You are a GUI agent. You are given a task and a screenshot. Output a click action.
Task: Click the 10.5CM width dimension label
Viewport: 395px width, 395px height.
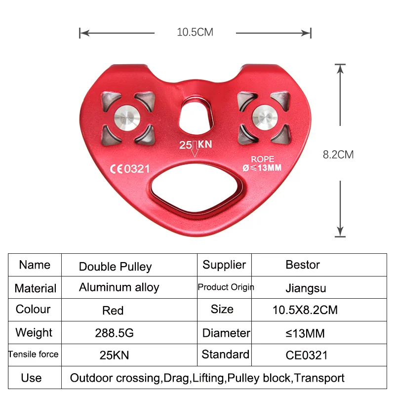tap(195, 33)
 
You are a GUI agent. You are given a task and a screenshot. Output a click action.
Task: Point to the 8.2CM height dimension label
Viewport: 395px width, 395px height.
tap(338, 155)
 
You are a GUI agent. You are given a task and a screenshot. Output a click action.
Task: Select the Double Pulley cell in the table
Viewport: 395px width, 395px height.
tap(115, 267)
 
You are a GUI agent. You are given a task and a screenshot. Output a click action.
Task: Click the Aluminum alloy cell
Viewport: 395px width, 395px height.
tap(119, 288)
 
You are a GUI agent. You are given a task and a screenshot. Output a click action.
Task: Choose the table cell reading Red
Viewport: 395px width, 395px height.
tap(113, 311)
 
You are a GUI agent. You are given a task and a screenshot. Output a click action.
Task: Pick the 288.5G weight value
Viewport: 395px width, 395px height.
tap(114, 333)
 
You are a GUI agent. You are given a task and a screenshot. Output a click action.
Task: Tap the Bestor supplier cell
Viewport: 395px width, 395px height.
tap(303, 265)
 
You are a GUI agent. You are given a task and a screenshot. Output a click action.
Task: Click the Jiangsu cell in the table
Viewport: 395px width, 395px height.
tap(306, 288)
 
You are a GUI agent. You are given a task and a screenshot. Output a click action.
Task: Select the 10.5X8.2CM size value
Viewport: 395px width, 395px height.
tap(305, 311)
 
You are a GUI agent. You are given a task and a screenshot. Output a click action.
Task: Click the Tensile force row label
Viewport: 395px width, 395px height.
tap(33, 354)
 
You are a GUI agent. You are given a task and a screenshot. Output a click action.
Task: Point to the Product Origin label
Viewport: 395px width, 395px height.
tap(226, 287)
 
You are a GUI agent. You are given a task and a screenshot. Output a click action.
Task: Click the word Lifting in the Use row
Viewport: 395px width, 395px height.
tap(208, 378)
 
